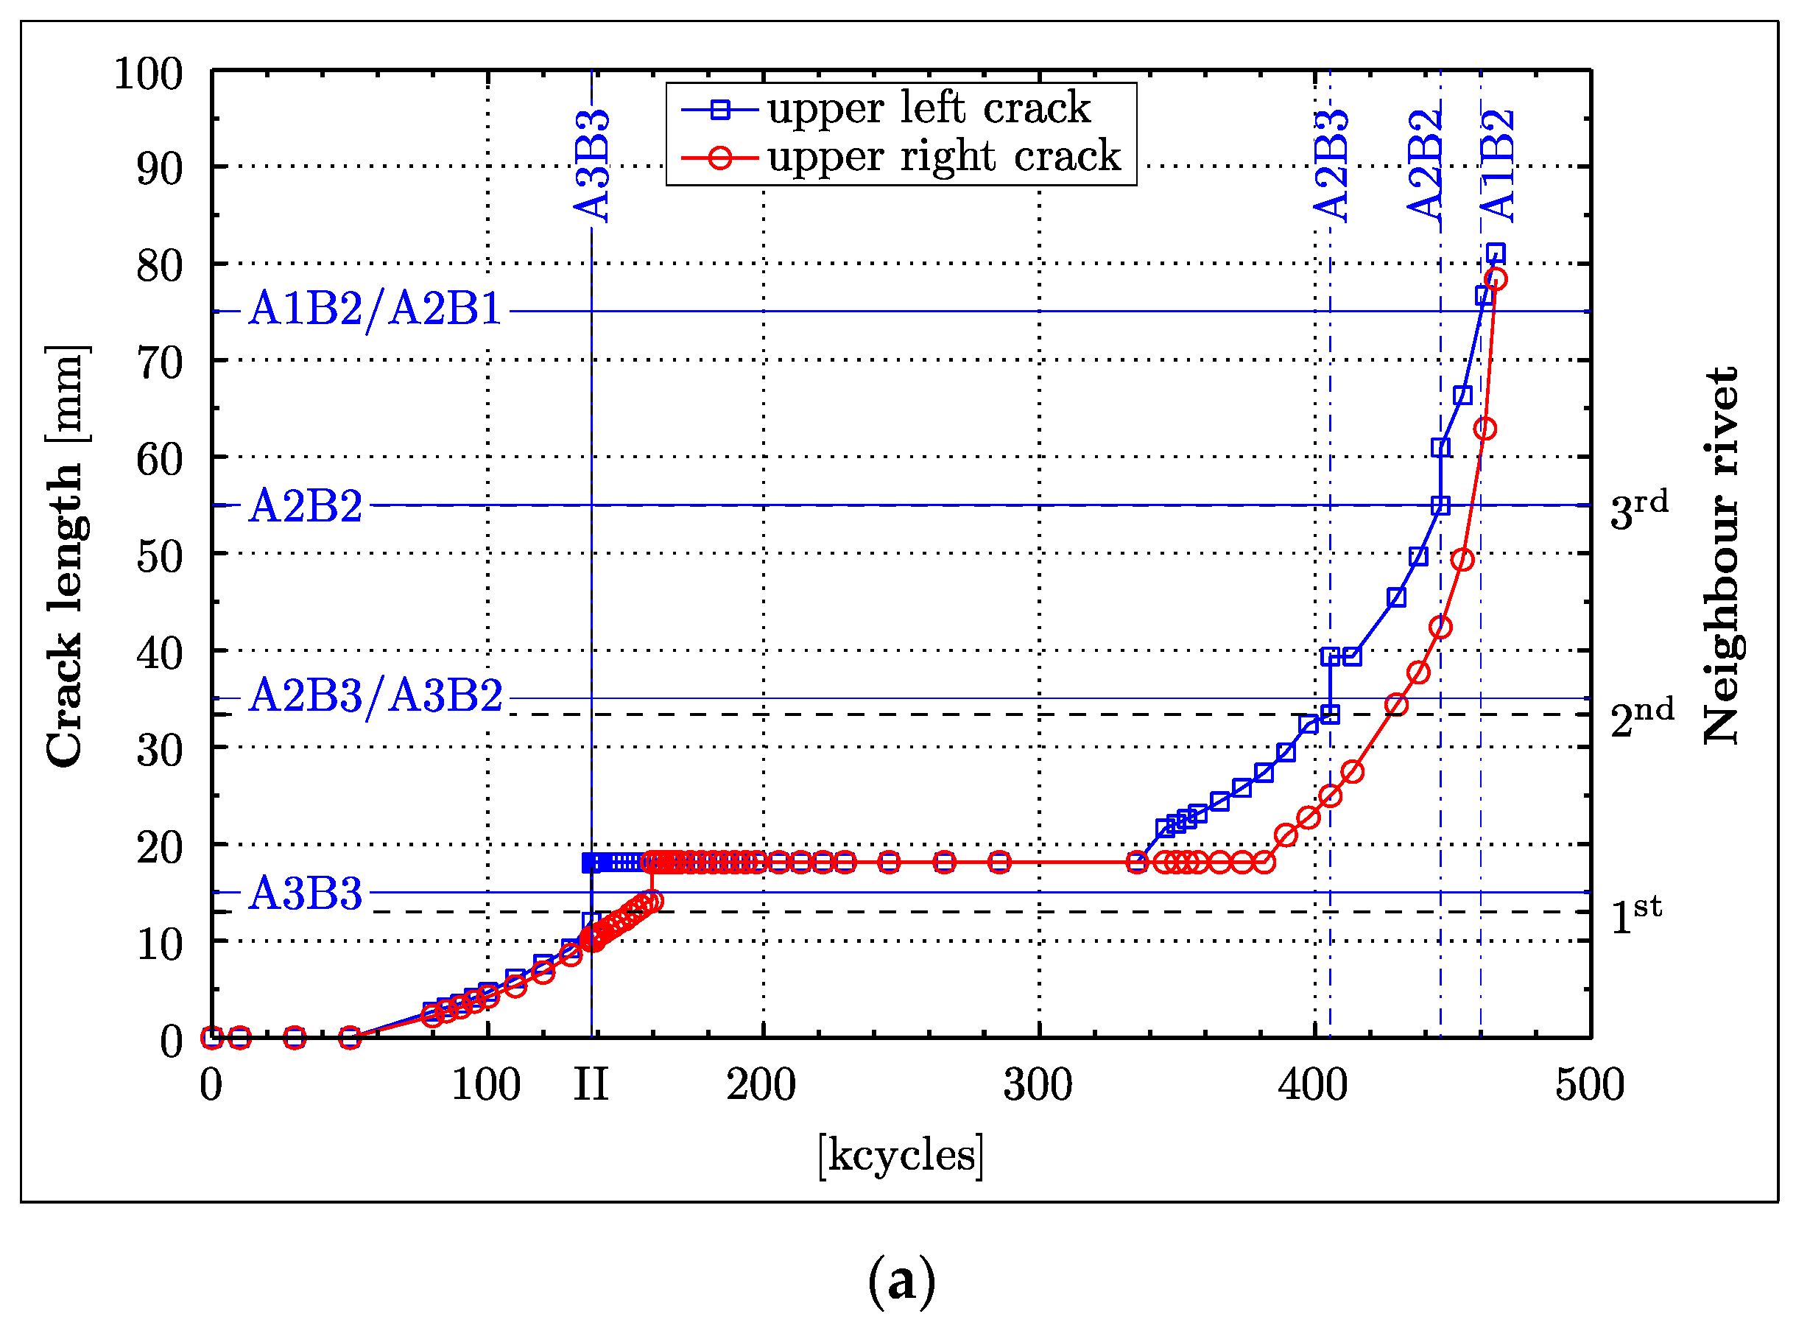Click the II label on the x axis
click(591, 1085)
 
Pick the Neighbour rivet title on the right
click(1721, 556)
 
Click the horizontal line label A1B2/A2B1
click(375, 309)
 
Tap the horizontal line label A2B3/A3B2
click(375, 696)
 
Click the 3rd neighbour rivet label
click(1638, 509)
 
